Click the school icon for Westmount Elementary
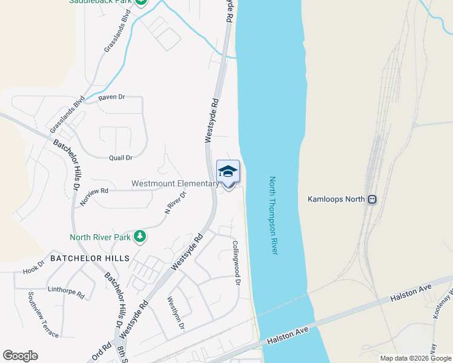tap(228, 172)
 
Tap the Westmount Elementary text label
tap(175, 183)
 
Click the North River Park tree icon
tap(140, 237)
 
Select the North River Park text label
tap(100, 237)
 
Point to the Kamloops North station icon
tap(372, 198)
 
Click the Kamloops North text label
tap(337, 198)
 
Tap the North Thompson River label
tap(273, 215)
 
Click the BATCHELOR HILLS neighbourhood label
tap(90, 258)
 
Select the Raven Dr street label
tap(111, 97)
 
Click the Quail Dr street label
tap(121, 158)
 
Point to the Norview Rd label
tap(93, 195)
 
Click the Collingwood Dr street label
tap(237, 263)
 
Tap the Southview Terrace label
tap(43, 315)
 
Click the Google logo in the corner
tap(20, 356)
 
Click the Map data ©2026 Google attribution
tap(415, 358)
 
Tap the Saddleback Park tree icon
tap(141, 2)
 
